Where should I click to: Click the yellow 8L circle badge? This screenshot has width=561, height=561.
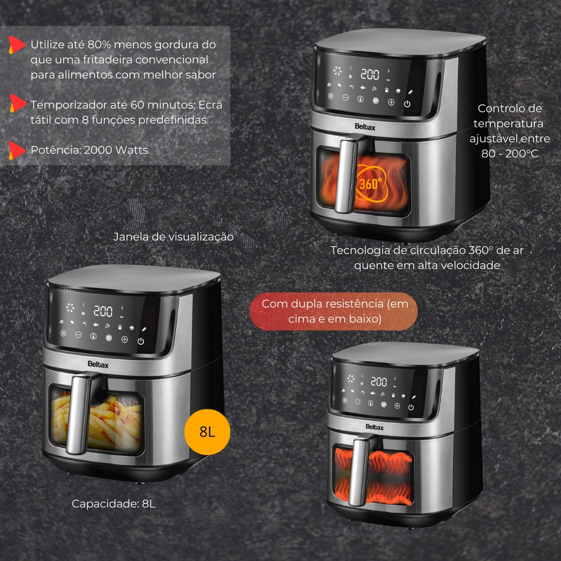click(207, 432)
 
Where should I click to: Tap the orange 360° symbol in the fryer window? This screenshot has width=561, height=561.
click(371, 183)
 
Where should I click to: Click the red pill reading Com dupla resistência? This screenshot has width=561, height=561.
click(334, 311)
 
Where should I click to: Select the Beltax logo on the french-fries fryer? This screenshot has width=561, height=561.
click(98, 365)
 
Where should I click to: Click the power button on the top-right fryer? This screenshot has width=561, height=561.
click(407, 104)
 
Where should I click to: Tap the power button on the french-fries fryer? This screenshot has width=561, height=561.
click(141, 341)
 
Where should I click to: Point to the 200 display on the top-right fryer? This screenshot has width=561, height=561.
click(370, 75)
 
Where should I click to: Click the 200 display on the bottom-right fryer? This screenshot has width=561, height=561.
click(379, 381)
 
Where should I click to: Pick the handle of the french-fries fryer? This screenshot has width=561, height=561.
click(79, 414)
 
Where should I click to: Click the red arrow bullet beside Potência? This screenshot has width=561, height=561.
click(16, 150)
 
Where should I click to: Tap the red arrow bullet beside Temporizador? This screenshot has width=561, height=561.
click(17, 103)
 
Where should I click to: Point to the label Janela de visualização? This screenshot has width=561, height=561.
click(173, 237)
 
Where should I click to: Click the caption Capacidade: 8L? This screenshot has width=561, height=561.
click(114, 504)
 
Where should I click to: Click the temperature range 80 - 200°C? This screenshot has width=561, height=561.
click(509, 154)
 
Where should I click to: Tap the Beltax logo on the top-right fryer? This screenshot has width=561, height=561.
click(365, 127)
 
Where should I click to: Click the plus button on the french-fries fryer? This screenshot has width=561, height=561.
click(125, 339)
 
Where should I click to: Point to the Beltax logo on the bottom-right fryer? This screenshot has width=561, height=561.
click(375, 427)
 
